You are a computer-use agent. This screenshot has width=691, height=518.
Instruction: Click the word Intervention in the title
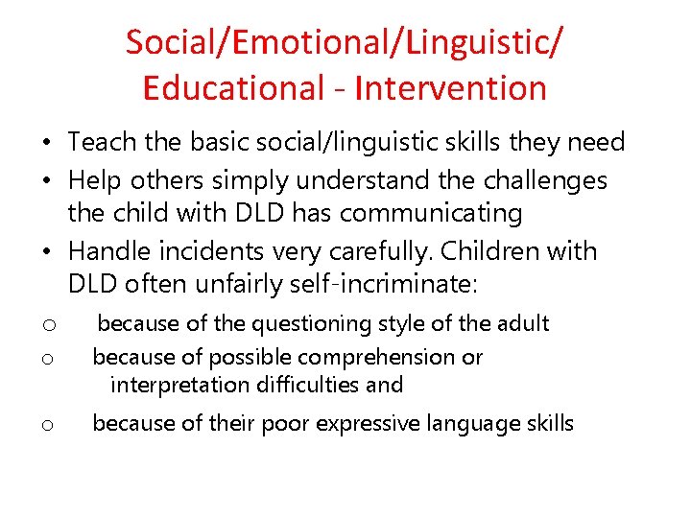pos(450,88)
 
